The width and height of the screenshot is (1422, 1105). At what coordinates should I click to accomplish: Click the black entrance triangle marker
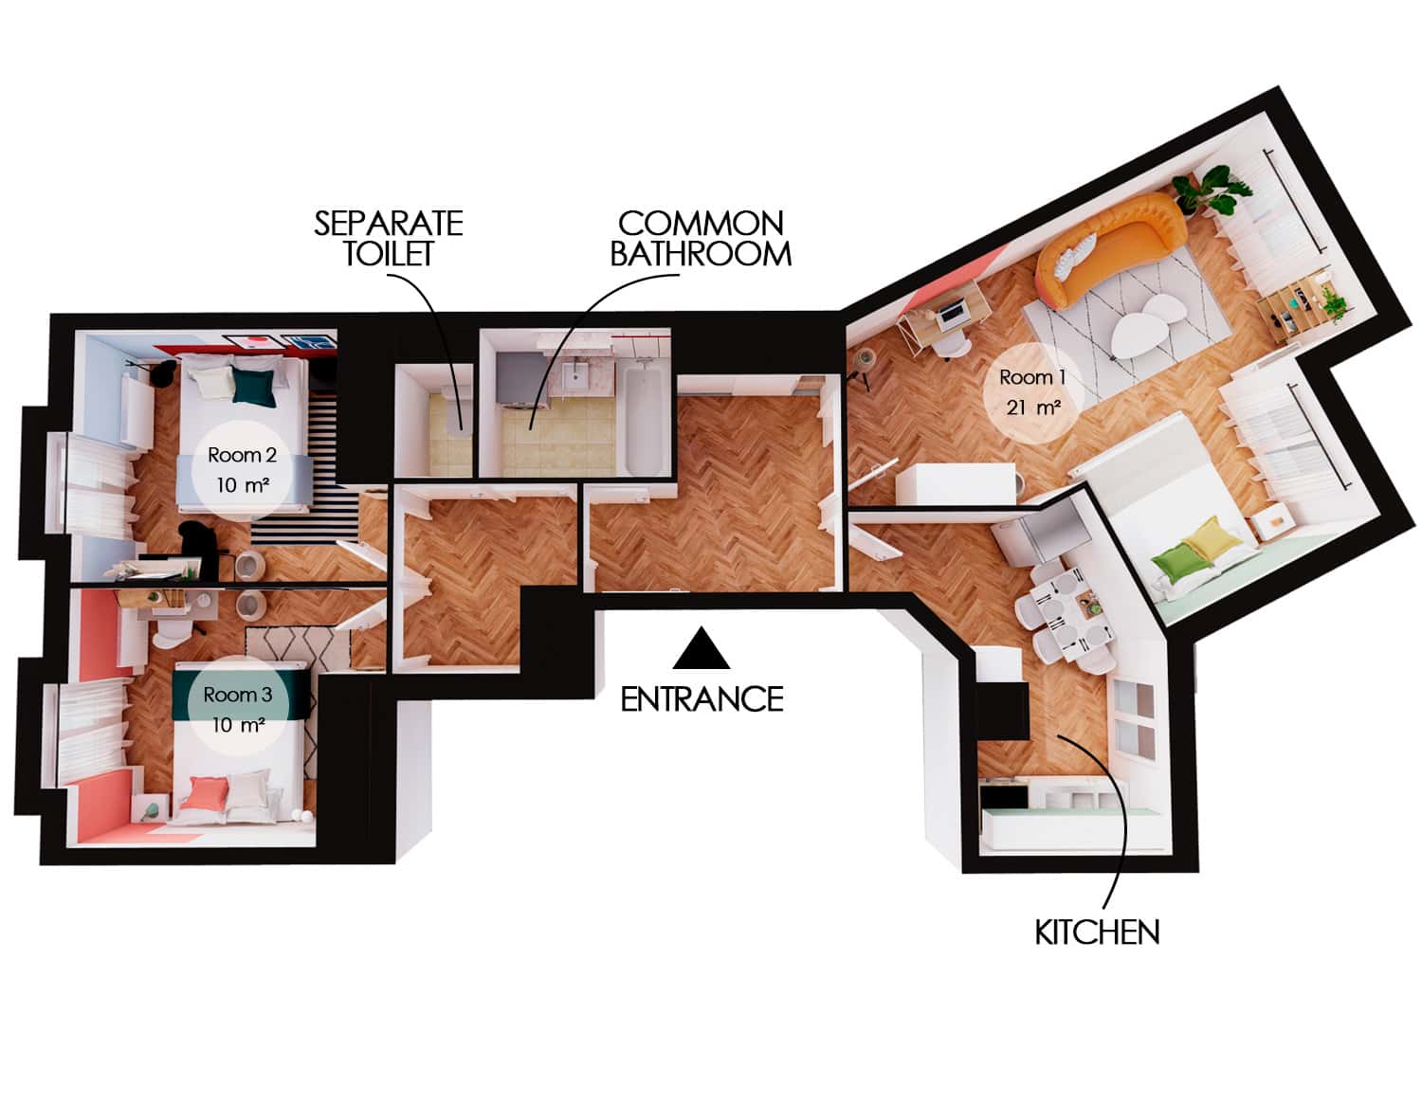click(x=702, y=651)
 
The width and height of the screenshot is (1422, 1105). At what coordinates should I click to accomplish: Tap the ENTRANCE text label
click(x=702, y=699)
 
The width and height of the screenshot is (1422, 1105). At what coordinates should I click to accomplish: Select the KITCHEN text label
click(x=1097, y=933)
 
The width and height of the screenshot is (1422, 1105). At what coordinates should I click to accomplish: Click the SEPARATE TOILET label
click(x=388, y=238)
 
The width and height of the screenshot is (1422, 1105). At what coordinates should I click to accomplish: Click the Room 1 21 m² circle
click(x=1032, y=392)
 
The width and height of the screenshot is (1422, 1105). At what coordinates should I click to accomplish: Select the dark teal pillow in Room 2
click(x=254, y=387)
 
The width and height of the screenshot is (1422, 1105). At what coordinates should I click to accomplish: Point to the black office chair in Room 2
click(x=201, y=547)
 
